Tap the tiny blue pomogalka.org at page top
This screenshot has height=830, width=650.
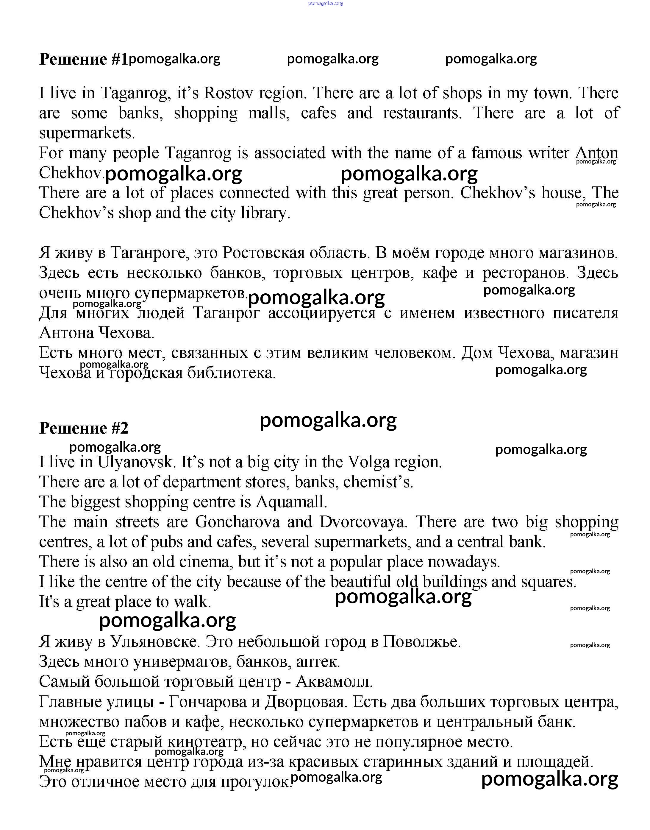[325, 4]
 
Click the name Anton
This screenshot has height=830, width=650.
[596, 153]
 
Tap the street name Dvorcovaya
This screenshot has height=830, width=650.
[363, 522]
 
